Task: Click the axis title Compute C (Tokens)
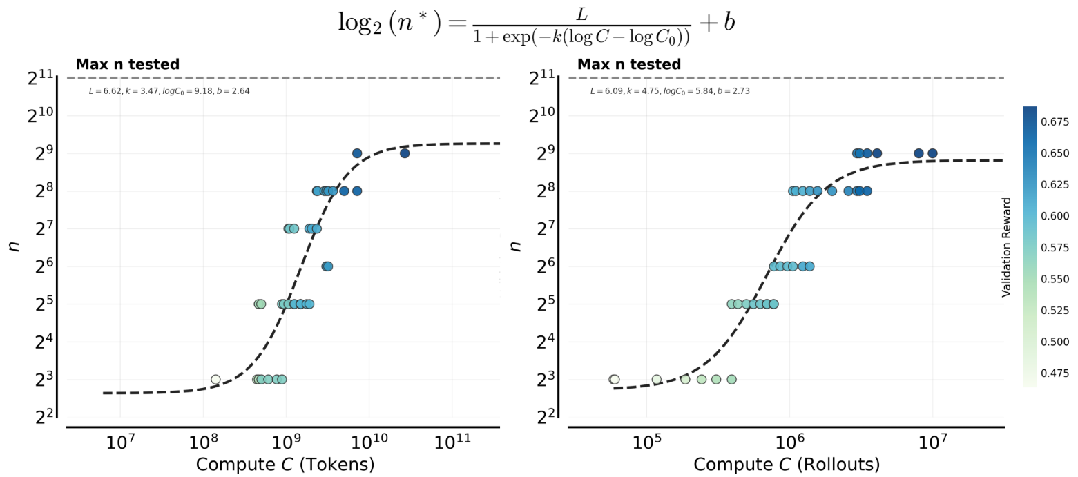[285, 464]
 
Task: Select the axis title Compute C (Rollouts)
[787, 464]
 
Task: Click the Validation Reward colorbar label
[1006, 247]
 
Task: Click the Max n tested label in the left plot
[128, 65]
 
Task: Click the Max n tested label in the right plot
[629, 65]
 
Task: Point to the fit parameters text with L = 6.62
[164, 91]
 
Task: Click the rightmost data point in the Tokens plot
[405, 153]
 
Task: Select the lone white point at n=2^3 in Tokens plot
[215, 379]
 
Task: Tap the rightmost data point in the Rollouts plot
[932, 153]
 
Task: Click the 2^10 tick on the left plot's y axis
[40, 115]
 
